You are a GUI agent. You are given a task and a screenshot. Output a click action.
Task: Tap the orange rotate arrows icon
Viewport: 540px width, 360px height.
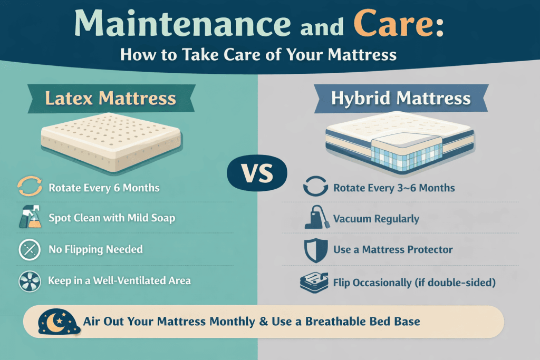tap(28, 187)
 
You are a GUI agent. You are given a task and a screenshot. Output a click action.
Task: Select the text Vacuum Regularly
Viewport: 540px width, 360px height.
tap(376, 218)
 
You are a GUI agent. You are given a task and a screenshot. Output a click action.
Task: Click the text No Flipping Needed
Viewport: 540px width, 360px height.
tap(95, 249)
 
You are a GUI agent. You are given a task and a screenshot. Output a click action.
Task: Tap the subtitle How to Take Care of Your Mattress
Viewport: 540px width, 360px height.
tap(258, 54)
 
